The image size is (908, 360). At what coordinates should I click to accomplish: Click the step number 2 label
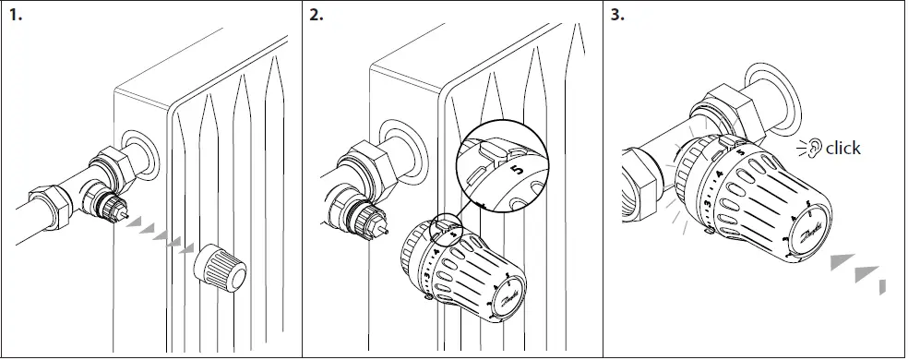click(317, 16)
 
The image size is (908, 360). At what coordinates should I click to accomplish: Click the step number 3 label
click(618, 16)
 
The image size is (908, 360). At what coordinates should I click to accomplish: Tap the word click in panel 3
click(842, 148)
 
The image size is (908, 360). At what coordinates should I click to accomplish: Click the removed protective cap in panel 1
click(221, 269)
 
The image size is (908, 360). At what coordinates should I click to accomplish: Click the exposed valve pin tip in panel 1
click(122, 211)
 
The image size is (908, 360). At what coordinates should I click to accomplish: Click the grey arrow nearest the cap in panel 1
click(187, 248)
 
